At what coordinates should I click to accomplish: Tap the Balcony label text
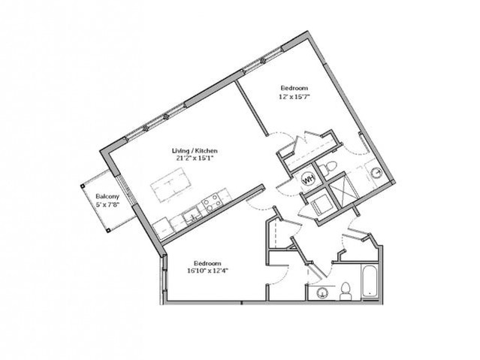click(x=104, y=199)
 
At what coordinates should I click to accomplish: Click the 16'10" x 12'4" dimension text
click(x=207, y=271)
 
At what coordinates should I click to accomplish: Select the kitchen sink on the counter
click(x=189, y=215)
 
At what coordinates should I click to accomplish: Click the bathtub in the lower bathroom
click(x=370, y=282)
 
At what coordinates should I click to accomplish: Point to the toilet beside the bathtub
click(x=346, y=290)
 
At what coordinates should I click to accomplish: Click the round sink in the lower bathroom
click(x=322, y=292)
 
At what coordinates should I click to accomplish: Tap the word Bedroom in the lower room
click(x=207, y=263)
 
